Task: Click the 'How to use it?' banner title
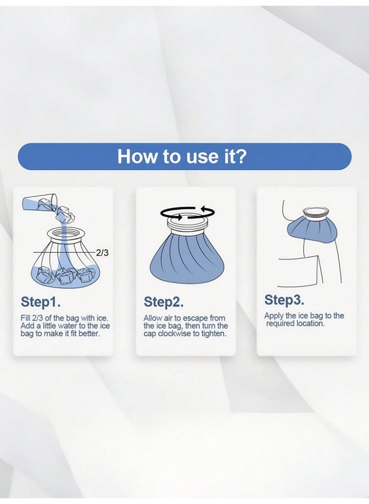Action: click(x=182, y=156)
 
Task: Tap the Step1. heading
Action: click(x=41, y=302)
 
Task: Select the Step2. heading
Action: click(x=163, y=302)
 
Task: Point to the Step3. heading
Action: click(x=284, y=300)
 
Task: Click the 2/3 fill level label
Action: click(x=103, y=253)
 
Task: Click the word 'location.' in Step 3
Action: click(x=310, y=323)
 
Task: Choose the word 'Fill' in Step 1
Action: click(x=26, y=318)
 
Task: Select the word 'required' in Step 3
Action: click(x=280, y=324)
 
